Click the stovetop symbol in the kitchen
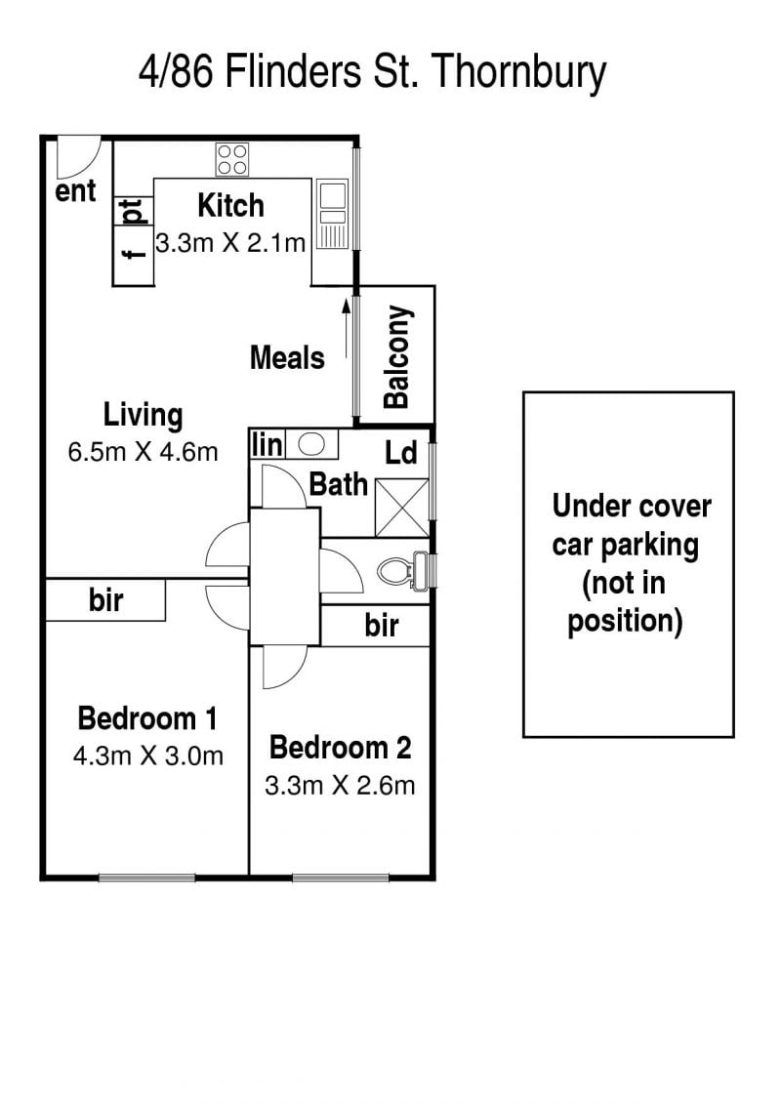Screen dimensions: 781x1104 231,159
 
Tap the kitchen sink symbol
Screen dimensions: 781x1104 332,214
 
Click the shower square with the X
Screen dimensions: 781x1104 401,507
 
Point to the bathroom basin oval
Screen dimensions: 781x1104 310,444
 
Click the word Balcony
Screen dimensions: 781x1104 396,357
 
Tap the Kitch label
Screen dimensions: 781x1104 231,206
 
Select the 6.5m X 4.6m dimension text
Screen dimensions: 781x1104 143,451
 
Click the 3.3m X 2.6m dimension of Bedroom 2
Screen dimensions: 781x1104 340,785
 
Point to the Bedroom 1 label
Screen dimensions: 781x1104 147,718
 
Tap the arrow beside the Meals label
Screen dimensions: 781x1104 346,328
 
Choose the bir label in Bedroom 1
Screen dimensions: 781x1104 105,600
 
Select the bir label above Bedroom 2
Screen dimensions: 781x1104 382,626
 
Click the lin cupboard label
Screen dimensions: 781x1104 267,445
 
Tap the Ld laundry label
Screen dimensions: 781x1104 400,453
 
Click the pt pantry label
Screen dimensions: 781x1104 133,211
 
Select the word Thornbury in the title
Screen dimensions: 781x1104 518,72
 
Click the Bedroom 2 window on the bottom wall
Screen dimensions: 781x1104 341,878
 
